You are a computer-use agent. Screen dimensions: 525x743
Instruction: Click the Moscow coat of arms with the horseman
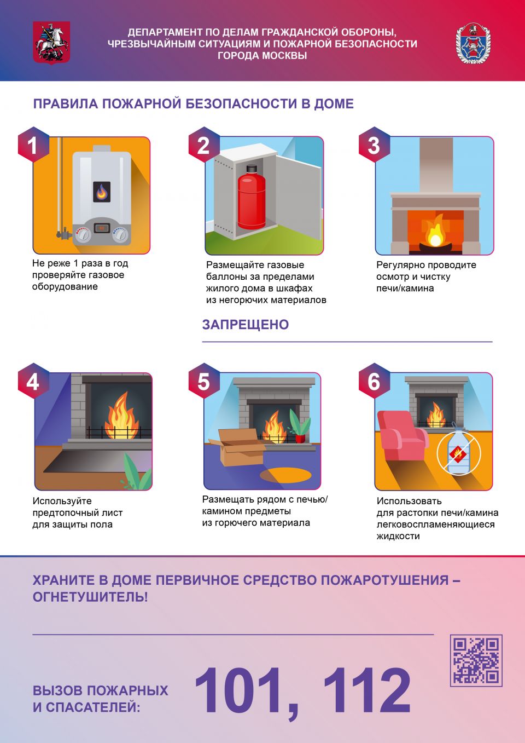pos(51,43)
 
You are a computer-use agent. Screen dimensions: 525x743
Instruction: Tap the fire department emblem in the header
pos(473,43)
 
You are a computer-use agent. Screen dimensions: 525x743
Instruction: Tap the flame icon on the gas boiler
pos(101,192)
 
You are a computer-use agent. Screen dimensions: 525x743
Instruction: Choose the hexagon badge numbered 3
pos(374,145)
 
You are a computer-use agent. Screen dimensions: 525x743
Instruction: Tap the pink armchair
pos(402,436)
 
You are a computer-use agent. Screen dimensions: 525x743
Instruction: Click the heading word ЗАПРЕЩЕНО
pos(246,324)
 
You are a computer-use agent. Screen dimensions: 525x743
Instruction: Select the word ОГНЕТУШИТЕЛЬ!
pos(90,597)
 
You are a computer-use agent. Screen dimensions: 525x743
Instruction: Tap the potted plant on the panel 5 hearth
pos(300,426)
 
